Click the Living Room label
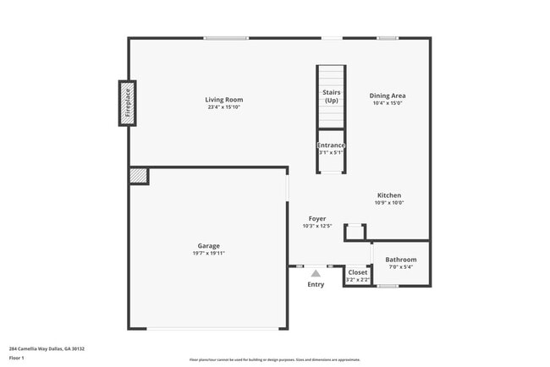pyautogui.click(x=224, y=100)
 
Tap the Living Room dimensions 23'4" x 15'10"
pyautogui.click(x=224, y=107)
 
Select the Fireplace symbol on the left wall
pyautogui.click(x=128, y=103)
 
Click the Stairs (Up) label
pyautogui.click(x=331, y=96)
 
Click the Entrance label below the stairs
pyautogui.click(x=331, y=145)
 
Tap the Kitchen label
pyautogui.click(x=389, y=195)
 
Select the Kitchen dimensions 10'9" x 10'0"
pyautogui.click(x=389, y=203)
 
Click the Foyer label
pyautogui.click(x=317, y=218)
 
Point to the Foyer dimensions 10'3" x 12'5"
pyautogui.click(x=317, y=226)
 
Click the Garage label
pyautogui.click(x=209, y=245)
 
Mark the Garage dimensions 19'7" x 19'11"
pyautogui.click(x=209, y=253)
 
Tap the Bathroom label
pyautogui.click(x=401, y=260)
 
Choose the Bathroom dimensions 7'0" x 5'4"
pyautogui.click(x=401, y=267)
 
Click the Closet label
pyautogui.click(x=358, y=272)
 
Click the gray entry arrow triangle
pyautogui.click(x=316, y=273)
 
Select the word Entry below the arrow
pyautogui.click(x=316, y=284)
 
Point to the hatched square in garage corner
pyautogui.click(x=138, y=175)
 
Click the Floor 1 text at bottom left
pyautogui.click(x=18, y=358)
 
